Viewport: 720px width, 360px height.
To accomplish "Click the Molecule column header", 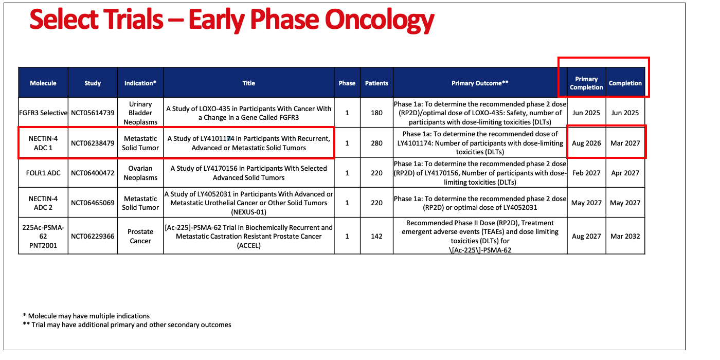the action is [43, 83].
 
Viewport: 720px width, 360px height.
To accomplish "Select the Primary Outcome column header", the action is [480, 83].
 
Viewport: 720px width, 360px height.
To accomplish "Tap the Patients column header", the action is [376, 83].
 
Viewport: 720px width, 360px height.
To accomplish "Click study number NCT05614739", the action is [93, 113].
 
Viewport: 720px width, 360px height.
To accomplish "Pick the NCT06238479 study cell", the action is [93, 143].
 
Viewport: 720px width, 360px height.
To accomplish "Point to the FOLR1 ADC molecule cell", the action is [43, 173].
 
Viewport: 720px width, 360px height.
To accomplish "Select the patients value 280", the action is [376, 143].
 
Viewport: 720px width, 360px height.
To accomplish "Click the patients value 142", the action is [376, 236].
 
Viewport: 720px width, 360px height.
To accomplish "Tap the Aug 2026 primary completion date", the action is [586, 143].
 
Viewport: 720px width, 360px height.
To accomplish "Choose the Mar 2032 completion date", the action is [625, 236].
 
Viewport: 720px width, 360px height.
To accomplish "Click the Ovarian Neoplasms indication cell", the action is [140, 173].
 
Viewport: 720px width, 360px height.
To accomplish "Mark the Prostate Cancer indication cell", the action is [140, 236].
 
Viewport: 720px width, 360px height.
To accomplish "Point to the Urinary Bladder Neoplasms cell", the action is [140, 113].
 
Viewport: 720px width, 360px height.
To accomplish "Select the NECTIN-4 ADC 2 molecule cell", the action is [43, 203].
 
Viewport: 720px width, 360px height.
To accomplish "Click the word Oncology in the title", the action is [380, 20].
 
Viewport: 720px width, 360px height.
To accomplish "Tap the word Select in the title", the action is [64, 20].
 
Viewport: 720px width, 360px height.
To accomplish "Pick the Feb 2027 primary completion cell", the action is [586, 173].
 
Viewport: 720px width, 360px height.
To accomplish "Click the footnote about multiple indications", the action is [86, 316].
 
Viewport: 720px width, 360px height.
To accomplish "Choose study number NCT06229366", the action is [93, 236].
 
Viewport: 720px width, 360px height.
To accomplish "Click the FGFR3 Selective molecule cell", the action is [43, 113].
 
